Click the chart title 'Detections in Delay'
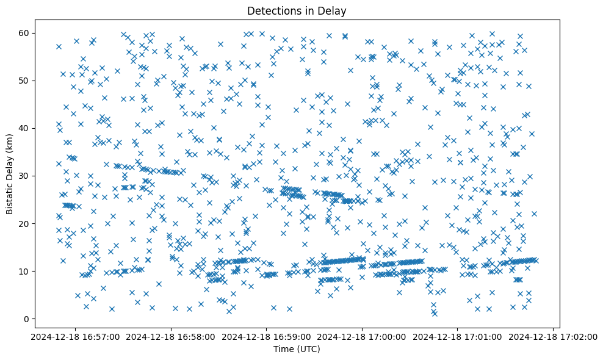[x=295, y=10]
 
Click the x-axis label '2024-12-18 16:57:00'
[x=75, y=336]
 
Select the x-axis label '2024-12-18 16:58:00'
[x=171, y=336]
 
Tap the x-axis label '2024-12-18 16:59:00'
[x=267, y=336]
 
